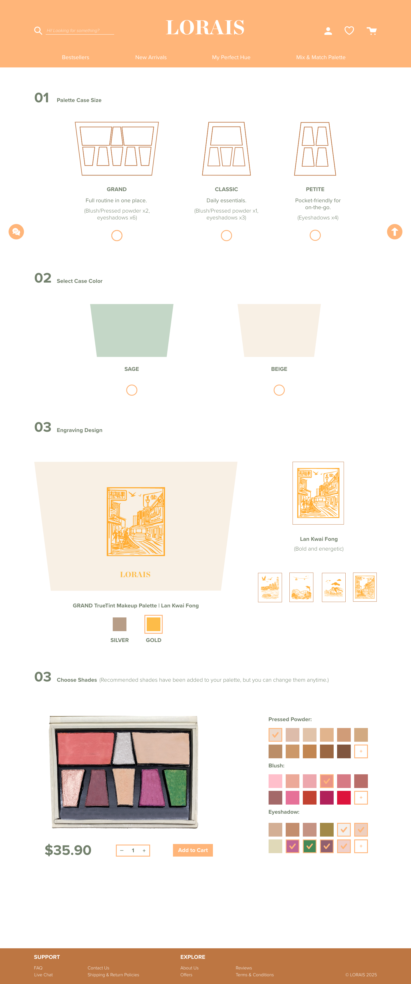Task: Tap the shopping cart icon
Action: (372, 31)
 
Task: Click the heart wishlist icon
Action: (349, 31)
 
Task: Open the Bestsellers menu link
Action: (76, 57)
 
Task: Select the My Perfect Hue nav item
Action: (231, 57)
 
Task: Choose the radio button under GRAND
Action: (117, 236)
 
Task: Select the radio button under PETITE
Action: (315, 235)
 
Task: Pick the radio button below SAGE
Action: (132, 390)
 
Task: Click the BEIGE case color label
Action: (279, 369)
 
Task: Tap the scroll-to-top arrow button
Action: (395, 231)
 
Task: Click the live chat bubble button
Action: (16, 231)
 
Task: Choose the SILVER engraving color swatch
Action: (119, 624)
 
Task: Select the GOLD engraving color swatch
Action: (153, 624)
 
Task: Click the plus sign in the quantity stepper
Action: (144, 850)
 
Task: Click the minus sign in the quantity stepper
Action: (122, 850)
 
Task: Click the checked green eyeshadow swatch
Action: (309, 846)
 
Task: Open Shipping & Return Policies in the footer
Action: (113, 975)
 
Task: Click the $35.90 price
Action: (68, 850)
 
